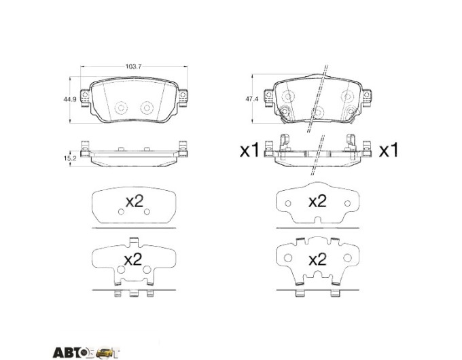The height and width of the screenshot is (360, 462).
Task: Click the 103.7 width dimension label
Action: tap(134, 67)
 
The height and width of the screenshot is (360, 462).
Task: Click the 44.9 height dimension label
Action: tap(70, 100)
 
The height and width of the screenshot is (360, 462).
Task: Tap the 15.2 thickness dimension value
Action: tap(70, 158)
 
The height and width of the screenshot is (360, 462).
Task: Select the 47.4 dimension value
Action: tap(251, 99)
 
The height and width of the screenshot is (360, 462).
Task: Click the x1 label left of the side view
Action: tap(249, 150)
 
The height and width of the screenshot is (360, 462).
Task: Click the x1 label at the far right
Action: tap(389, 150)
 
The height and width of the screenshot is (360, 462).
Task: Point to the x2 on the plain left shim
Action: tap(135, 202)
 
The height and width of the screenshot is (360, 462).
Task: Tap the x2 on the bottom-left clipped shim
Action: tap(133, 259)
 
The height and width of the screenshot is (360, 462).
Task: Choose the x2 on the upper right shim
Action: tap(317, 202)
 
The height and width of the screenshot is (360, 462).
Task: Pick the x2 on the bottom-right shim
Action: tap(317, 259)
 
